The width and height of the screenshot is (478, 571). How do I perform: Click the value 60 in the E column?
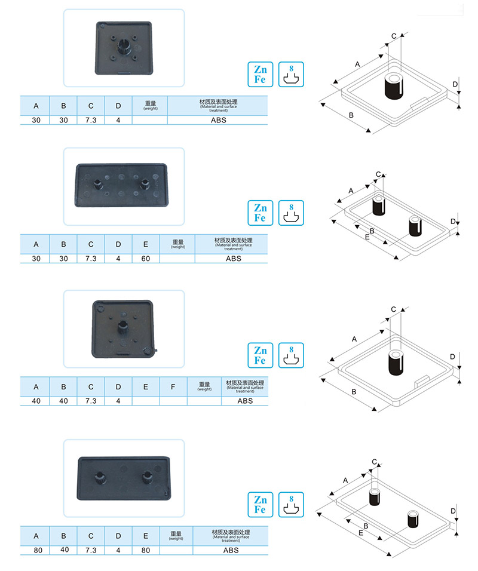146,259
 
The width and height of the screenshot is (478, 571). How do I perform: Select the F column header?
173,386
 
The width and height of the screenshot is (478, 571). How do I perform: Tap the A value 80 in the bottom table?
36,549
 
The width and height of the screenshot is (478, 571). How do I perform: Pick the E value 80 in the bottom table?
146,549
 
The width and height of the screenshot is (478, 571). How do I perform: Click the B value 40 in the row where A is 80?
64,549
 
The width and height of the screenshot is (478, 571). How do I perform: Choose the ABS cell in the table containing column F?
245,401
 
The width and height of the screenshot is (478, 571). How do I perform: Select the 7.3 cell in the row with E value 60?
91,259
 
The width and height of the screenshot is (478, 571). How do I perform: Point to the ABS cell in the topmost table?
217,120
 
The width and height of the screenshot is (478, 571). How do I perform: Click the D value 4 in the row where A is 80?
118,549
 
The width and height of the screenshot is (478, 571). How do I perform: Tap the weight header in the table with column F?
204,386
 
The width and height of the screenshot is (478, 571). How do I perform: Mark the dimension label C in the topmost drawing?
394,36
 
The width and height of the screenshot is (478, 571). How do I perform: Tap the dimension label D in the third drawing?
452,357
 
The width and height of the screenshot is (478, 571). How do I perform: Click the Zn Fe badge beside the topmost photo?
260,74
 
